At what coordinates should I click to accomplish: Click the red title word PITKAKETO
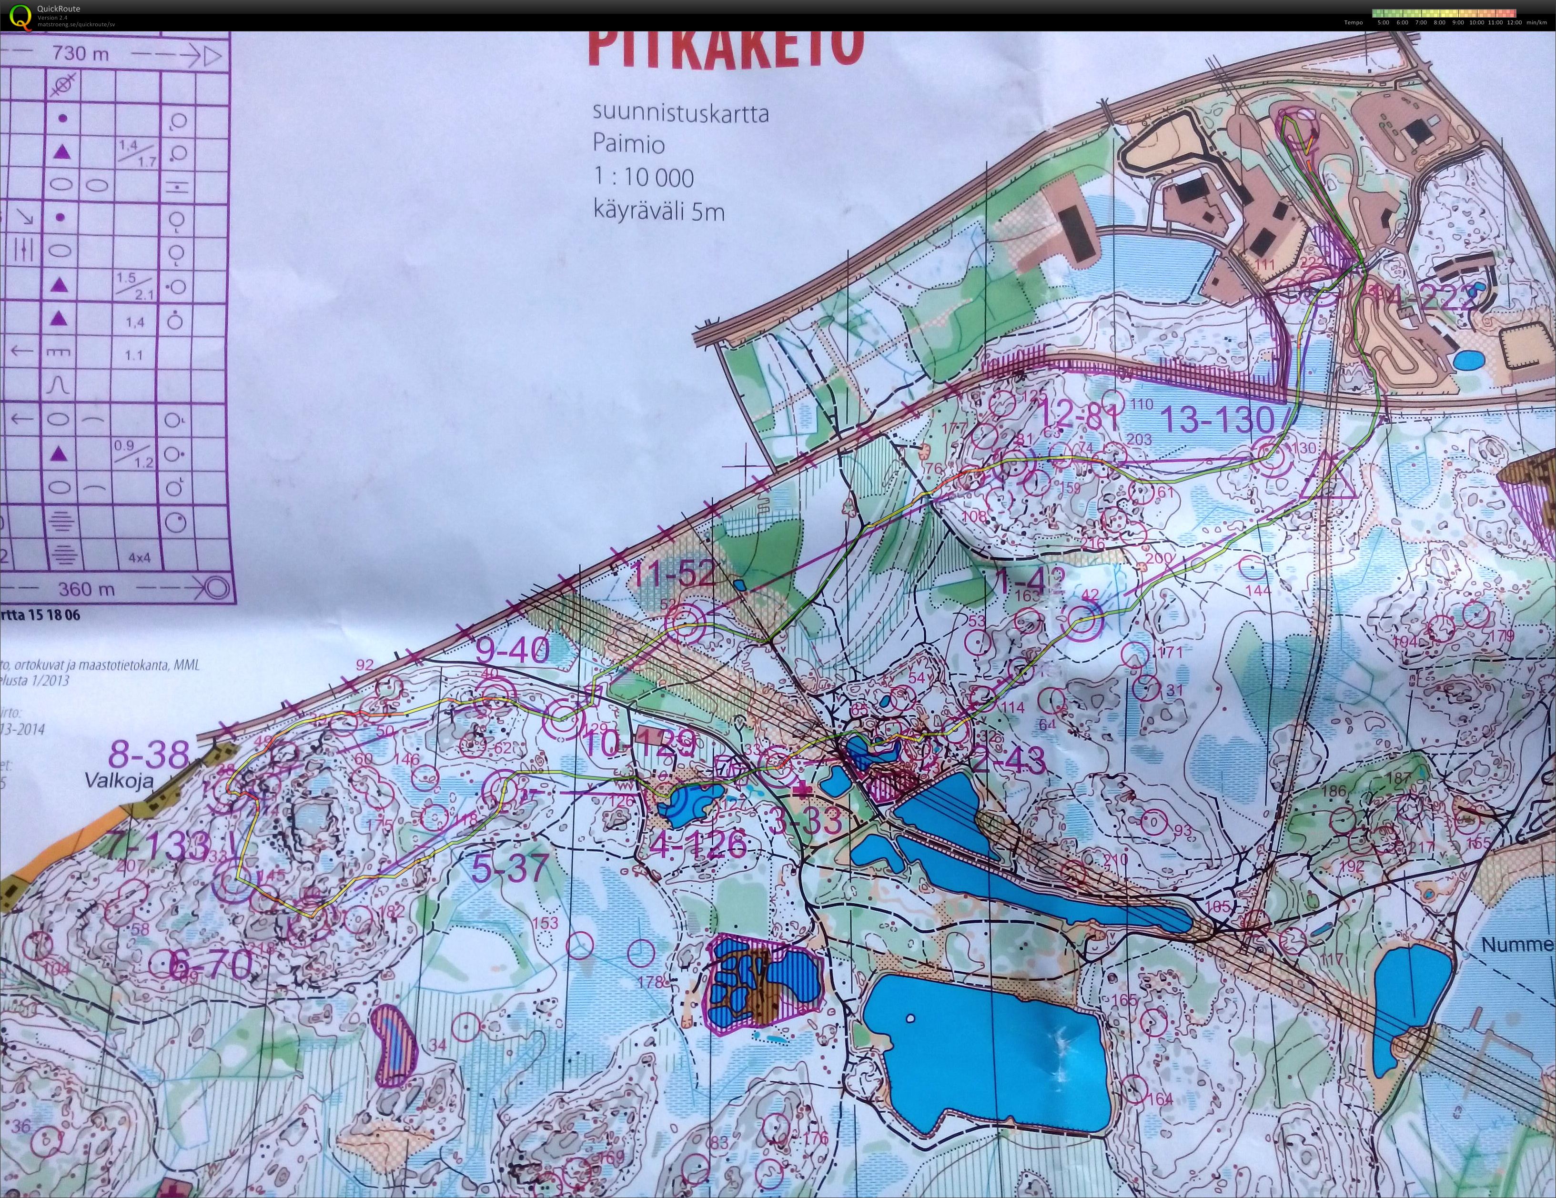coord(727,46)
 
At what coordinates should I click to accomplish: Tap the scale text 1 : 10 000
coord(643,177)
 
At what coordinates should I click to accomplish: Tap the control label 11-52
coord(673,574)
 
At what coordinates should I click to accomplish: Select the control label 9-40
coord(513,650)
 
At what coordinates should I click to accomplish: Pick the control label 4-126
coord(699,845)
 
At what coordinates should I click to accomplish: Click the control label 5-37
coord(511,867)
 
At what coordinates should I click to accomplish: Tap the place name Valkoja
coord(119,779)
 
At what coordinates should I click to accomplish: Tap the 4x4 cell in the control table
coord(140,558)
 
